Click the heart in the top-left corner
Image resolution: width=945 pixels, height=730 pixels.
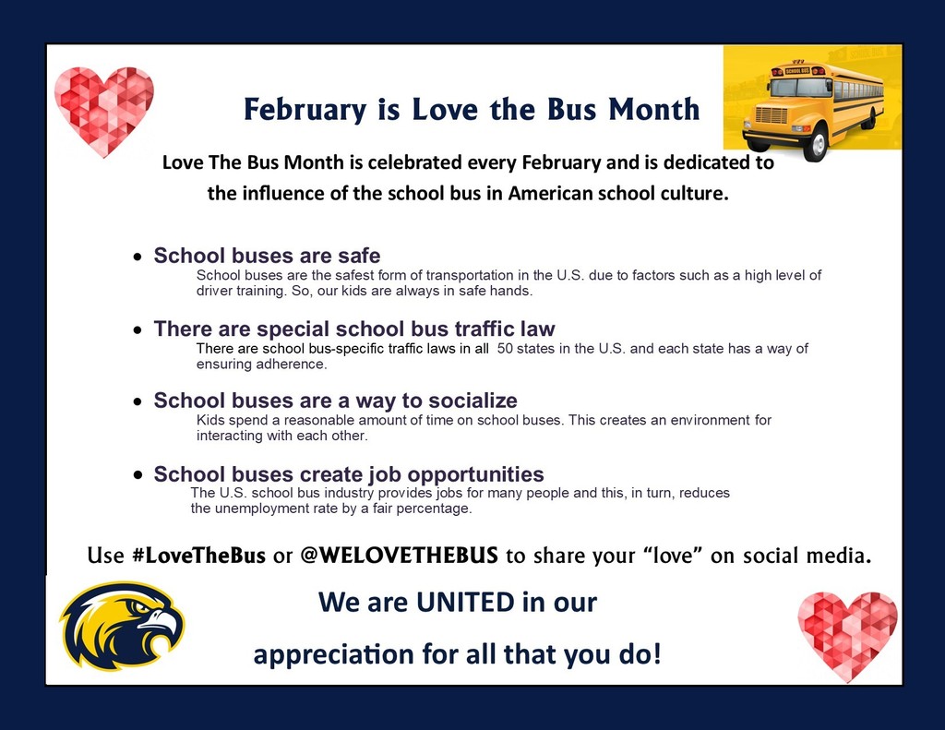(103, 110)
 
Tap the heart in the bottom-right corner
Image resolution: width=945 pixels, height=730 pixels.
(847, 635)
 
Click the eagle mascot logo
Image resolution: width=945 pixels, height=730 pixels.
(121, 625)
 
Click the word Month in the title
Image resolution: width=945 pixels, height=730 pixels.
(653, 109)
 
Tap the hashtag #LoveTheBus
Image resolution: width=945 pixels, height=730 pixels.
(198, 556)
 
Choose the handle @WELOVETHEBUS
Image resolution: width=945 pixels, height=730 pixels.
(399, 556)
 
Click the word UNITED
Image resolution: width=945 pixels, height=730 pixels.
(466, 603)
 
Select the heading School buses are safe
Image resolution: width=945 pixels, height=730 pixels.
(267, 256)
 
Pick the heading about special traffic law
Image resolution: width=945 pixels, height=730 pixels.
(354, 329)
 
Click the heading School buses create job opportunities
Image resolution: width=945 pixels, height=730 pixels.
(348, 474)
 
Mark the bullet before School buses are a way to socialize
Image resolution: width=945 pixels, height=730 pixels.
(138, 402)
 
